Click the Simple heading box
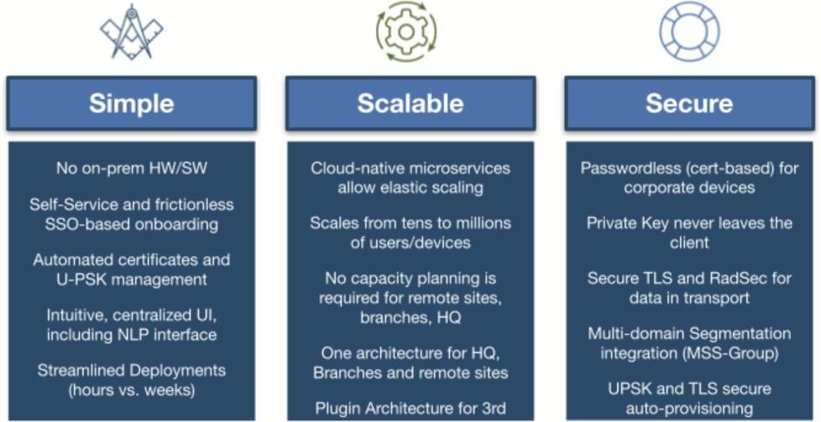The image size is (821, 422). [x=131, y=103]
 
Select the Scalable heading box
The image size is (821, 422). [x=410, y=103]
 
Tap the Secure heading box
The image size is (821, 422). [x=688, y=103]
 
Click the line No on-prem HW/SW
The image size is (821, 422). [x=131, y=169]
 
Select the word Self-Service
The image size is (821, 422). [x=70, y=205]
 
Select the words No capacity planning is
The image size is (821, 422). [x=410, y=279]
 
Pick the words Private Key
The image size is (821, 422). [x=624, y=224]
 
